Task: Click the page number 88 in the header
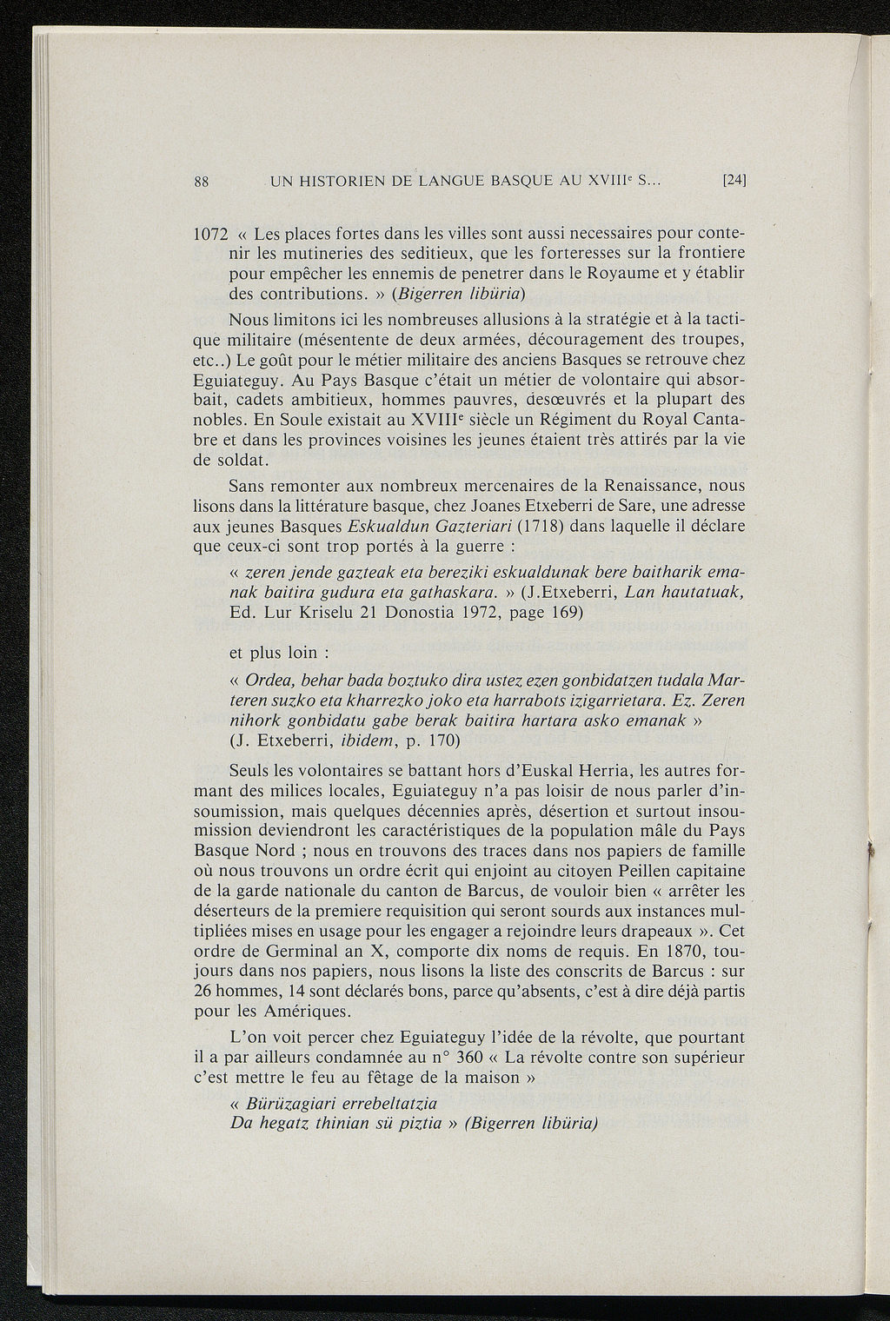[x=200, y=182]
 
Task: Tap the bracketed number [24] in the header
[x=735, y=181]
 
